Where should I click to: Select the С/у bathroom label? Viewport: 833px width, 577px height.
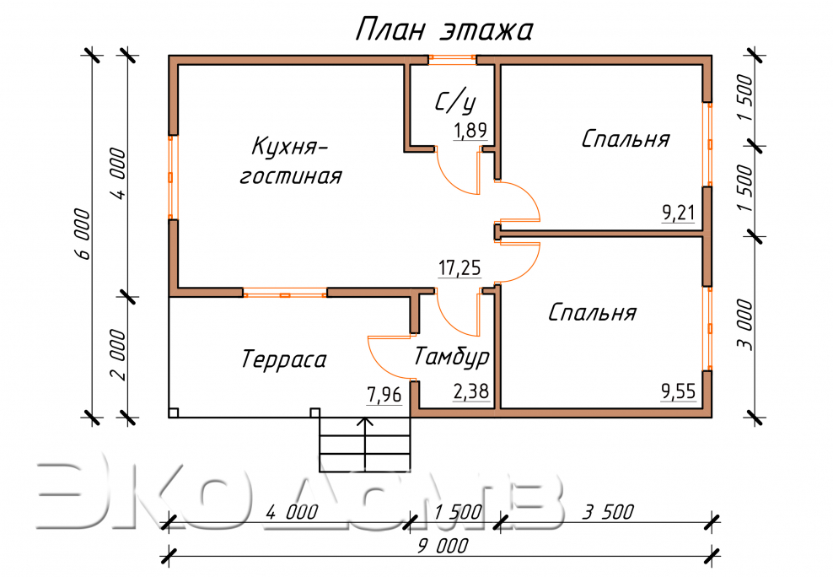(455, 102)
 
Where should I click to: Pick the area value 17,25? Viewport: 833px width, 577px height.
(459, 268)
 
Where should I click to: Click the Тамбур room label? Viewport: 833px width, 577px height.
(451, 358)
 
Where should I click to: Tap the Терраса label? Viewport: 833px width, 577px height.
(283, 360)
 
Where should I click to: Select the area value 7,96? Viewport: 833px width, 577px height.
(384, 394)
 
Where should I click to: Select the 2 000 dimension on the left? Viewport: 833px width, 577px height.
(117, 355)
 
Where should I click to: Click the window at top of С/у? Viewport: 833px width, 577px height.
(451, 59)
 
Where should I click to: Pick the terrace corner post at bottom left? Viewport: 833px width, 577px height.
(174, 413)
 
